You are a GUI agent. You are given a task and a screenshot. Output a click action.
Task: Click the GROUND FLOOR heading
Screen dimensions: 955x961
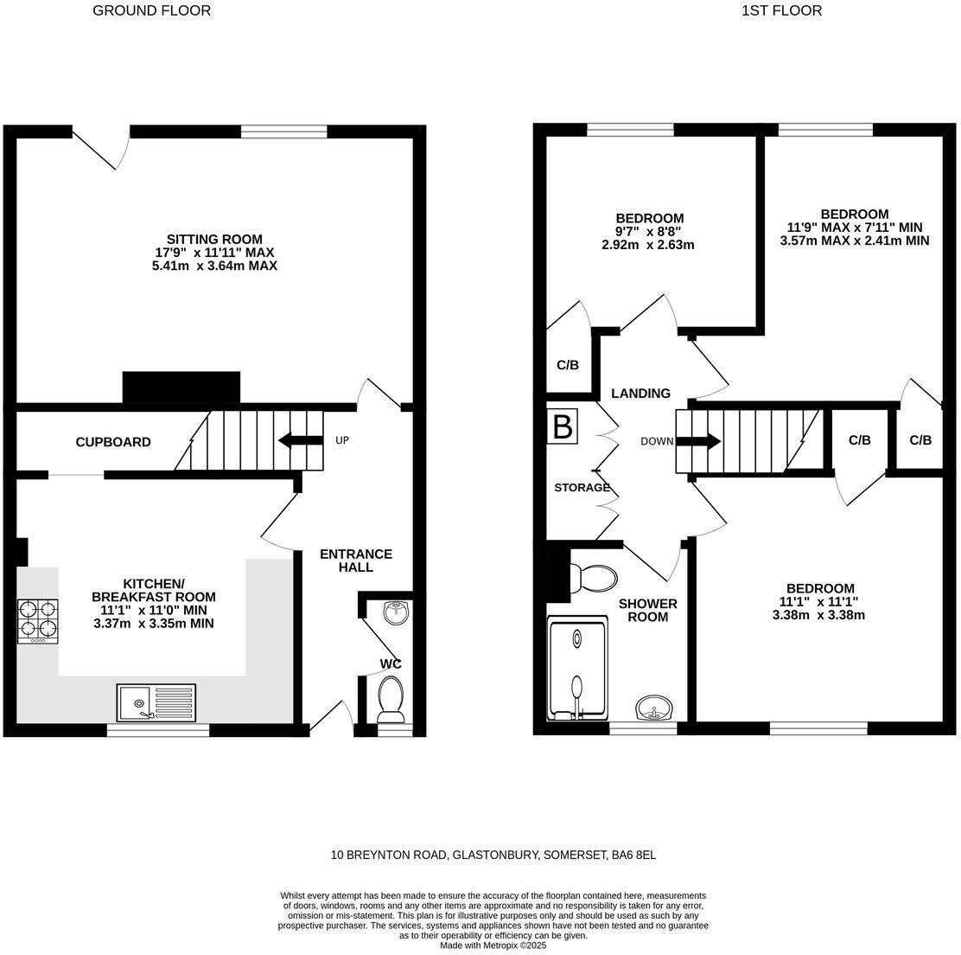(151, 11)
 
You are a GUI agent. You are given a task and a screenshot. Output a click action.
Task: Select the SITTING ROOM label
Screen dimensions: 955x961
(214, 240)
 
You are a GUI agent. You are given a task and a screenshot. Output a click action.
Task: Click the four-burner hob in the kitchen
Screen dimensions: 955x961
(38, 621)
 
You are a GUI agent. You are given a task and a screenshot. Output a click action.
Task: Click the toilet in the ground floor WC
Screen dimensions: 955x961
(391, 697)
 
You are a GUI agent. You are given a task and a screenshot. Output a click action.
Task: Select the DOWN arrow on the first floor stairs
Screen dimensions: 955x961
(698, 441)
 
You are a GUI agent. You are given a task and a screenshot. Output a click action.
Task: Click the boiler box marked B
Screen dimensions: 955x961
(563, 427)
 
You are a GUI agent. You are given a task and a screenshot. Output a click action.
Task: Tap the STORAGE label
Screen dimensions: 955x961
(582, 488)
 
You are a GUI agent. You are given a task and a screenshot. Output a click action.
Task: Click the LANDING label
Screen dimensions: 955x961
(640, 394)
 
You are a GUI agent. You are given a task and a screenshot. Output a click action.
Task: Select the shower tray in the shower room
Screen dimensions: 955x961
(576, 668)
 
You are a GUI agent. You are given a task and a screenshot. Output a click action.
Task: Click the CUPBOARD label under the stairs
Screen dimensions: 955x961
(113, 442)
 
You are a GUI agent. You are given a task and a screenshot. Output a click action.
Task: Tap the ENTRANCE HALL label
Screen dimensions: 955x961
(355, 561)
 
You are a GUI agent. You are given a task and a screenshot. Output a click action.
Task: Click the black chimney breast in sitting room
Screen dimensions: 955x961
(181, 388)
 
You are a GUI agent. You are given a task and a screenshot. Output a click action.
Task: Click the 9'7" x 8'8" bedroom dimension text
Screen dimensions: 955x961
(649, 232)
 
